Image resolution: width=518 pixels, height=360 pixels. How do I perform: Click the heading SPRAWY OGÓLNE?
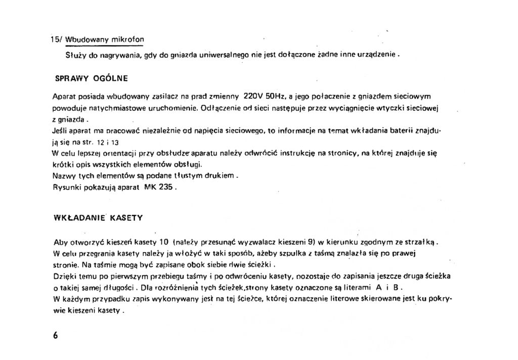[91, 78]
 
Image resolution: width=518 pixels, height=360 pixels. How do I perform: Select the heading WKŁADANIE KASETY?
[98, 218]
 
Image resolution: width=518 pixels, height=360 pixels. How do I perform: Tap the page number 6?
[55, 336]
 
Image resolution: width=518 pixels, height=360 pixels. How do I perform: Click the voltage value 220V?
[254, 95]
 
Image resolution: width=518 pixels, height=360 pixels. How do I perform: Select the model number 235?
[166, 186]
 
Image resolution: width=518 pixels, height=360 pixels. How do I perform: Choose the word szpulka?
[286, 253]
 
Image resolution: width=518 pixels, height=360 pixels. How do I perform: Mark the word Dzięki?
[64, 276]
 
